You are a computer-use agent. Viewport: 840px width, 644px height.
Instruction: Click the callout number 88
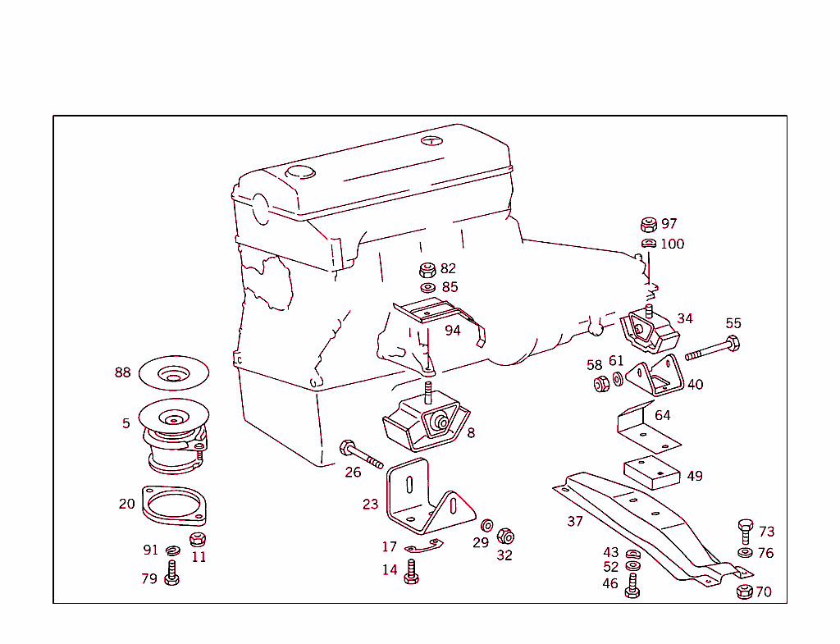[122, 372]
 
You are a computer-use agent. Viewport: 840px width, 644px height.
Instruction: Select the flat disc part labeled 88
[173, 374]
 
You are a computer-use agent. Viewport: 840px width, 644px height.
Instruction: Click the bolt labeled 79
[171, 573]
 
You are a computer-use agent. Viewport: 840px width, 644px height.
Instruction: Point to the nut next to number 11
[197, 539]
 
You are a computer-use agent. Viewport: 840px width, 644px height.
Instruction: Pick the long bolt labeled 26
[360, 454]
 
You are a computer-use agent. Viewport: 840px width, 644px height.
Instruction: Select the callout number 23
[371, 504]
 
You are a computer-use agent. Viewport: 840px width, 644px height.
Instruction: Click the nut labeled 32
[506, 537]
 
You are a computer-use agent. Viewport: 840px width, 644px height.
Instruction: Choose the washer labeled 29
[486, 525]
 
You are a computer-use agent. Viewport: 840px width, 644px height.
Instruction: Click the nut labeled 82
[427, 270]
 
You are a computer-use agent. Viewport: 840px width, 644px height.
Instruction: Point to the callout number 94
[453, 330]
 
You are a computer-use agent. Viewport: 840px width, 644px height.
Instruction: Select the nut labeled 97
[648, 225]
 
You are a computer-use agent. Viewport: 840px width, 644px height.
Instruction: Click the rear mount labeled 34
[650, 330]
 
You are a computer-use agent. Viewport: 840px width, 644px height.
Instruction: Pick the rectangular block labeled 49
[651, 473]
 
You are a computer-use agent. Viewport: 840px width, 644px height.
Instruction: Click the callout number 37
[575, 521]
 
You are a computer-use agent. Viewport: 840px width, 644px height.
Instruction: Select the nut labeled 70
[745, 591]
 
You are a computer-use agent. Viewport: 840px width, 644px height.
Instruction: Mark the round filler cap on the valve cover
[300, 172]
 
